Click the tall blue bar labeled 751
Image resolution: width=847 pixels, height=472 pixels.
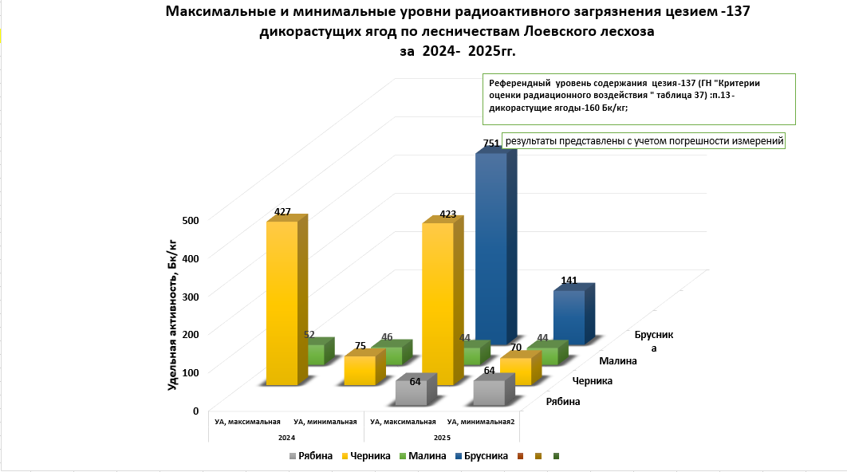click(491, 247)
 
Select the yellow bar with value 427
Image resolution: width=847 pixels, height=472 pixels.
click(282, 303)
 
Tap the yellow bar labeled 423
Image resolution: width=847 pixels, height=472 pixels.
click(438, 303)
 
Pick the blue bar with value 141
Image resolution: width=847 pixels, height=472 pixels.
click(569, 317)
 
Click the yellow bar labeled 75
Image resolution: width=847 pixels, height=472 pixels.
click(360, 371)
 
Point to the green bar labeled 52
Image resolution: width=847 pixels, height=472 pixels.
click(316, 354)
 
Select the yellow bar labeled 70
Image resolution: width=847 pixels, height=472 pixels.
click(516, 372)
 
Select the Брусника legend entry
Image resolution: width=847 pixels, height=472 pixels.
click(486, 456)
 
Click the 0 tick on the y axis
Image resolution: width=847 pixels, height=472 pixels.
click(195, 411)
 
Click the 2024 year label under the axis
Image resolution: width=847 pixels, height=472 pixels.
click(287, 438)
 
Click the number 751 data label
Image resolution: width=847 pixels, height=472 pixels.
click(491, 144)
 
